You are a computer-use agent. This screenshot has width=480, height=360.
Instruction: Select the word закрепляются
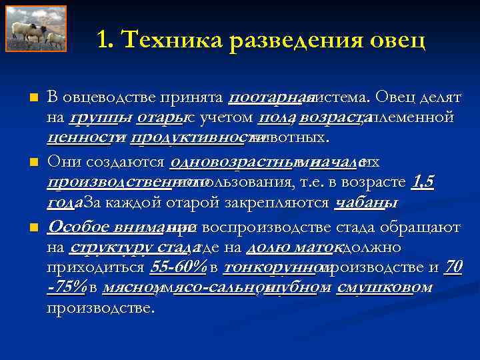(283, 203)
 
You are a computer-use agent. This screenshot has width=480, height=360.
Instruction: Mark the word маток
(315, 248)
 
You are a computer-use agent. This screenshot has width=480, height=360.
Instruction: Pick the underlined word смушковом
(385, 287)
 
